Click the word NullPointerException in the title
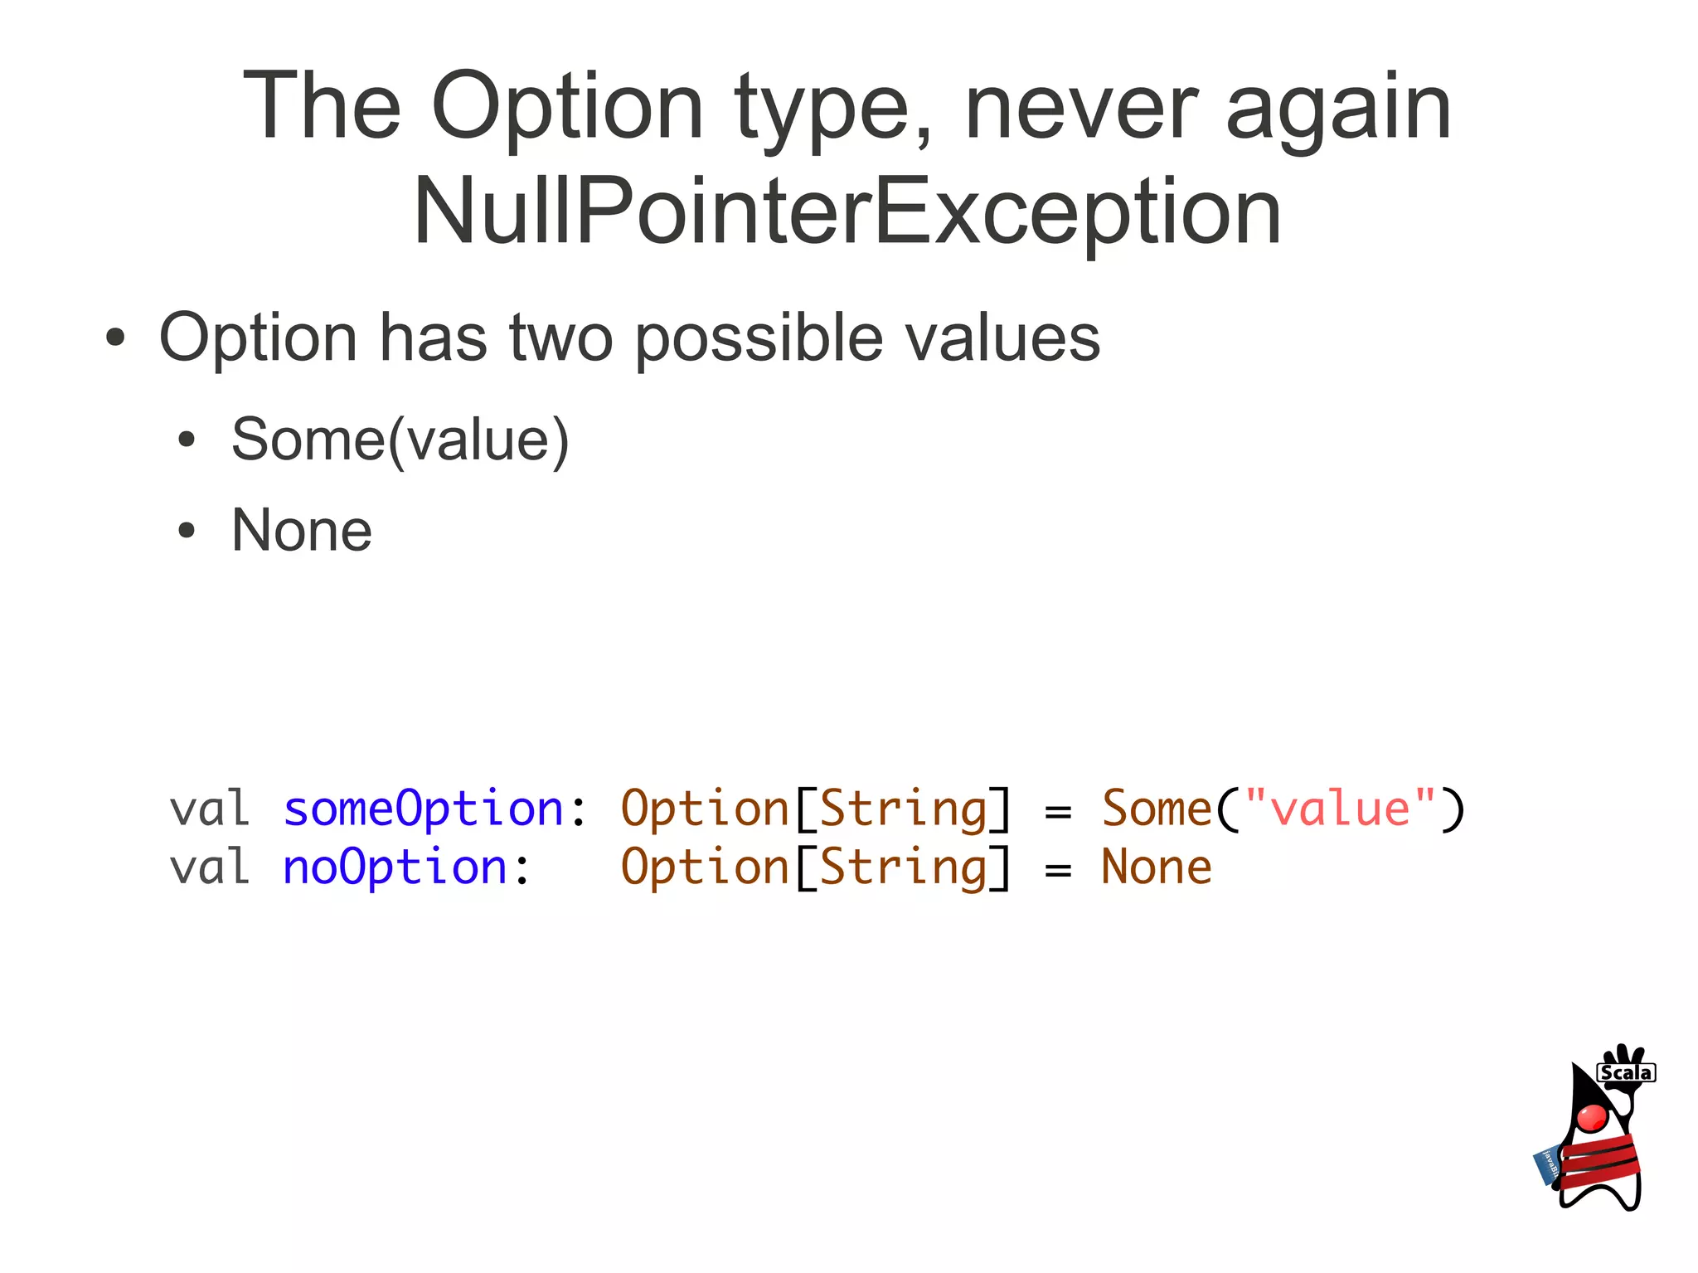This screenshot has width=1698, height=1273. pyautogui.click(x=847, y=212)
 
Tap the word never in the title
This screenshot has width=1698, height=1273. pyautogui.click(x=1080, y=108)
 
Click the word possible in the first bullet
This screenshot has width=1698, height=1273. pyautogui.click(x=759, y=338)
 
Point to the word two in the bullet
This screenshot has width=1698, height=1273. pyautogui.click(x=560, y=338)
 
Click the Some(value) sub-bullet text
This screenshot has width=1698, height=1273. pyautogui.click(x=400, y=440)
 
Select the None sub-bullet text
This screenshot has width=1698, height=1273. pyautogui.click(x=302, y=531)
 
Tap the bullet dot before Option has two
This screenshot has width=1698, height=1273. pyautogui.click(x=115, y=338)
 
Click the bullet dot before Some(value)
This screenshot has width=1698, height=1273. pyautogui.click(x=187, y=440)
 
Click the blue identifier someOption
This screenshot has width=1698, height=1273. pyautogui.click(x=423, y=809)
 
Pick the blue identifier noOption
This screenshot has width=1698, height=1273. pyautogui.click(x=395, y=867)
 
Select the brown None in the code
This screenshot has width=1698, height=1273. pyautogui.click(x=1156, y=867)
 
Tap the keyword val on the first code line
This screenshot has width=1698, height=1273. pyautogui.click(x=210, y=809)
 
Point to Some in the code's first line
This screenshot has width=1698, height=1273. pyautogui.click(x=1156, y=809)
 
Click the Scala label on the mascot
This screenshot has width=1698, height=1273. pyautogui.click(x=1626, y=1072)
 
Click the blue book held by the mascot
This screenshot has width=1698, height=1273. pyautogui.click(x=1547, y=1166)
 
